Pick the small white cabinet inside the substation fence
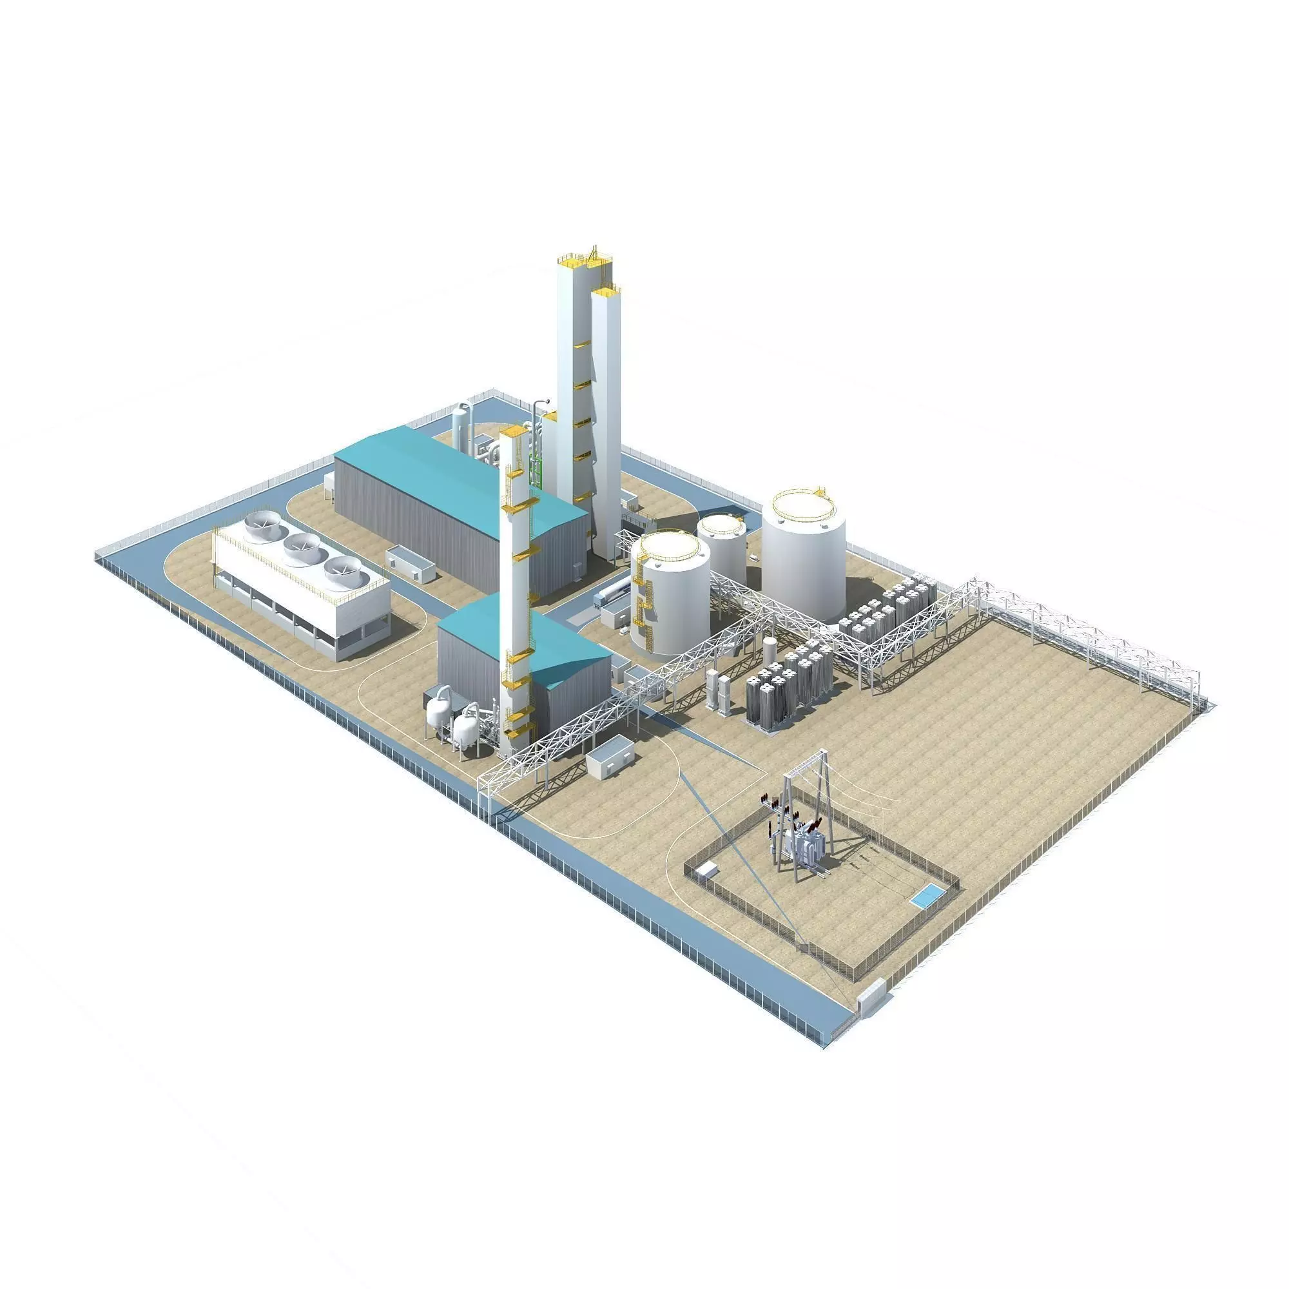click(706, 869)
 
